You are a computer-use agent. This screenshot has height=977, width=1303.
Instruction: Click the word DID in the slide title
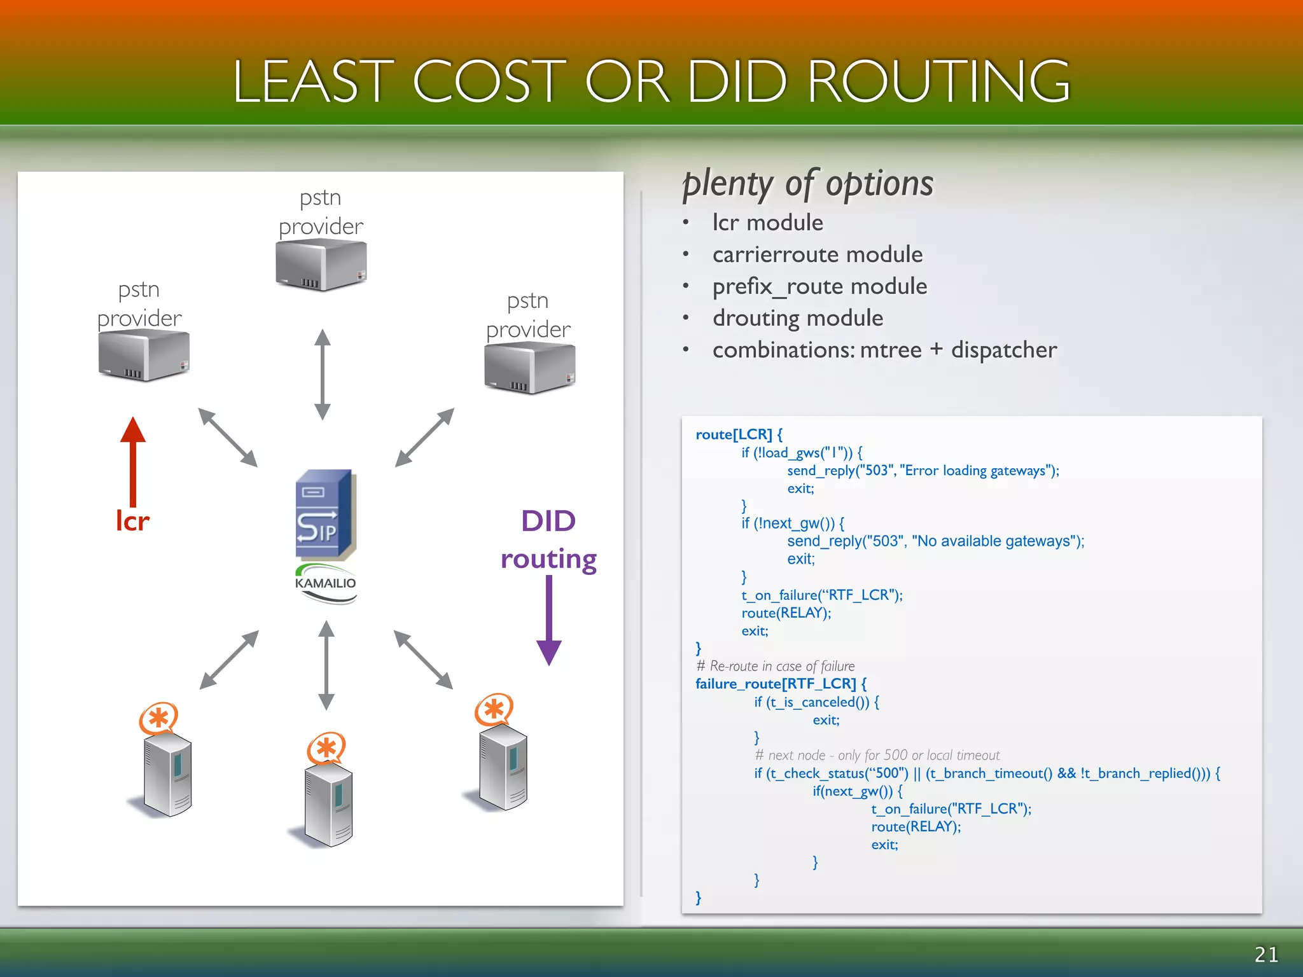point(738,81)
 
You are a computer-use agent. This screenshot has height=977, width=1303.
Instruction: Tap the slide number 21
point(1266,954)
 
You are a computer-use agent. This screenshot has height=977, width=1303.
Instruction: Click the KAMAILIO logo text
point(325,583)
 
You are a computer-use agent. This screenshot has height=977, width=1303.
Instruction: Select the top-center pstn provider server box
point(321,266)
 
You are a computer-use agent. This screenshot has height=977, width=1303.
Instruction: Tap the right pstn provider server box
point(529,368)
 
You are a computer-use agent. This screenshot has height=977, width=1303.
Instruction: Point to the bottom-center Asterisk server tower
point(328,805)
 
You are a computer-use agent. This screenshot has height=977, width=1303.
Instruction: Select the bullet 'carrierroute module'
point(817,254)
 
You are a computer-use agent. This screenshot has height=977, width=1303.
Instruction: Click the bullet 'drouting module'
point(797,318)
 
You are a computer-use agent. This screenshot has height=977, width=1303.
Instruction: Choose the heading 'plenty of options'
point(807,184)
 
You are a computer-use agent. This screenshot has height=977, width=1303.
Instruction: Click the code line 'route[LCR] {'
point(739,434)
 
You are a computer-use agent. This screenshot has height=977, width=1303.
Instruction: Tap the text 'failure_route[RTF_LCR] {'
point(781,684)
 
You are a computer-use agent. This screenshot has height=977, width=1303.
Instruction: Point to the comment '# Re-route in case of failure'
point(776,666)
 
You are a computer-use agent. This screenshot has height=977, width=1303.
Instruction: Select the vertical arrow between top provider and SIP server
point(323,374)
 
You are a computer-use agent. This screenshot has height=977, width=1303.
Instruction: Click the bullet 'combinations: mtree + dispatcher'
point(884,350)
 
